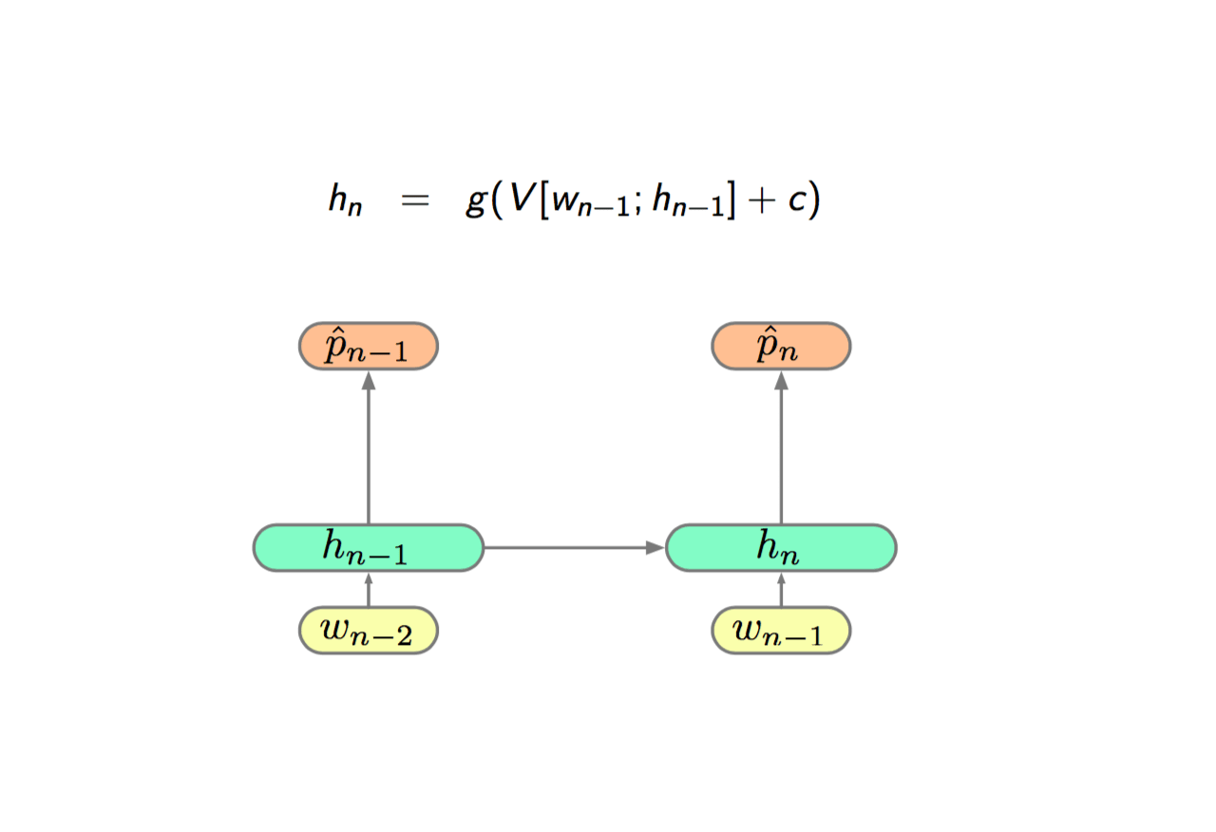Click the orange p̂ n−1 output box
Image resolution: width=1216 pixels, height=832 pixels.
[369, 347]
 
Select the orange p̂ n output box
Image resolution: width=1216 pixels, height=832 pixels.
[781, 347]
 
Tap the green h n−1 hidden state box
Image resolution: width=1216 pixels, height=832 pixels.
[369, 548]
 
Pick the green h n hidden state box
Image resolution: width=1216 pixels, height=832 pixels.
[781, 548]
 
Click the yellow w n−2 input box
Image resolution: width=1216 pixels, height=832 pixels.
[369, 631]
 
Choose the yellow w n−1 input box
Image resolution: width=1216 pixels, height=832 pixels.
[781, 631]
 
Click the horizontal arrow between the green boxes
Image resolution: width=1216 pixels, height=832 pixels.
[575, 548]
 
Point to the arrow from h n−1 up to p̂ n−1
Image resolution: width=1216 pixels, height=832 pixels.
[369, 447]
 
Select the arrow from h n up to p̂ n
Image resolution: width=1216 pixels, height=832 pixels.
[781, 447]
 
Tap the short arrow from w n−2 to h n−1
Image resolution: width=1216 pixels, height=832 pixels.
[369, 590]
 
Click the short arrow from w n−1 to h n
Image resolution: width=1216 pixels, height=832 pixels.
[781, 590]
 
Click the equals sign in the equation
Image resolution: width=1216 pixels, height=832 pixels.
[415, 200]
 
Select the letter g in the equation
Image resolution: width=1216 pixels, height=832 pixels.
[476, 202]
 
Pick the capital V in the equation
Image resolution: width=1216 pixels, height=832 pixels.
[523, 198]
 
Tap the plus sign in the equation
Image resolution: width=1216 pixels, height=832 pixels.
[762, 199]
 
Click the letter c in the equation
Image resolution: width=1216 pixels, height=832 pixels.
[797, 200]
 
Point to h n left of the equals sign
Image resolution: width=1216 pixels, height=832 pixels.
[345, 199]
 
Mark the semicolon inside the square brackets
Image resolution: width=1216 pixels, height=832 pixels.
[637, 204]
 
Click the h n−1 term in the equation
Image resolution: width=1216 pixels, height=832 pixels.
[689, 199]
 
